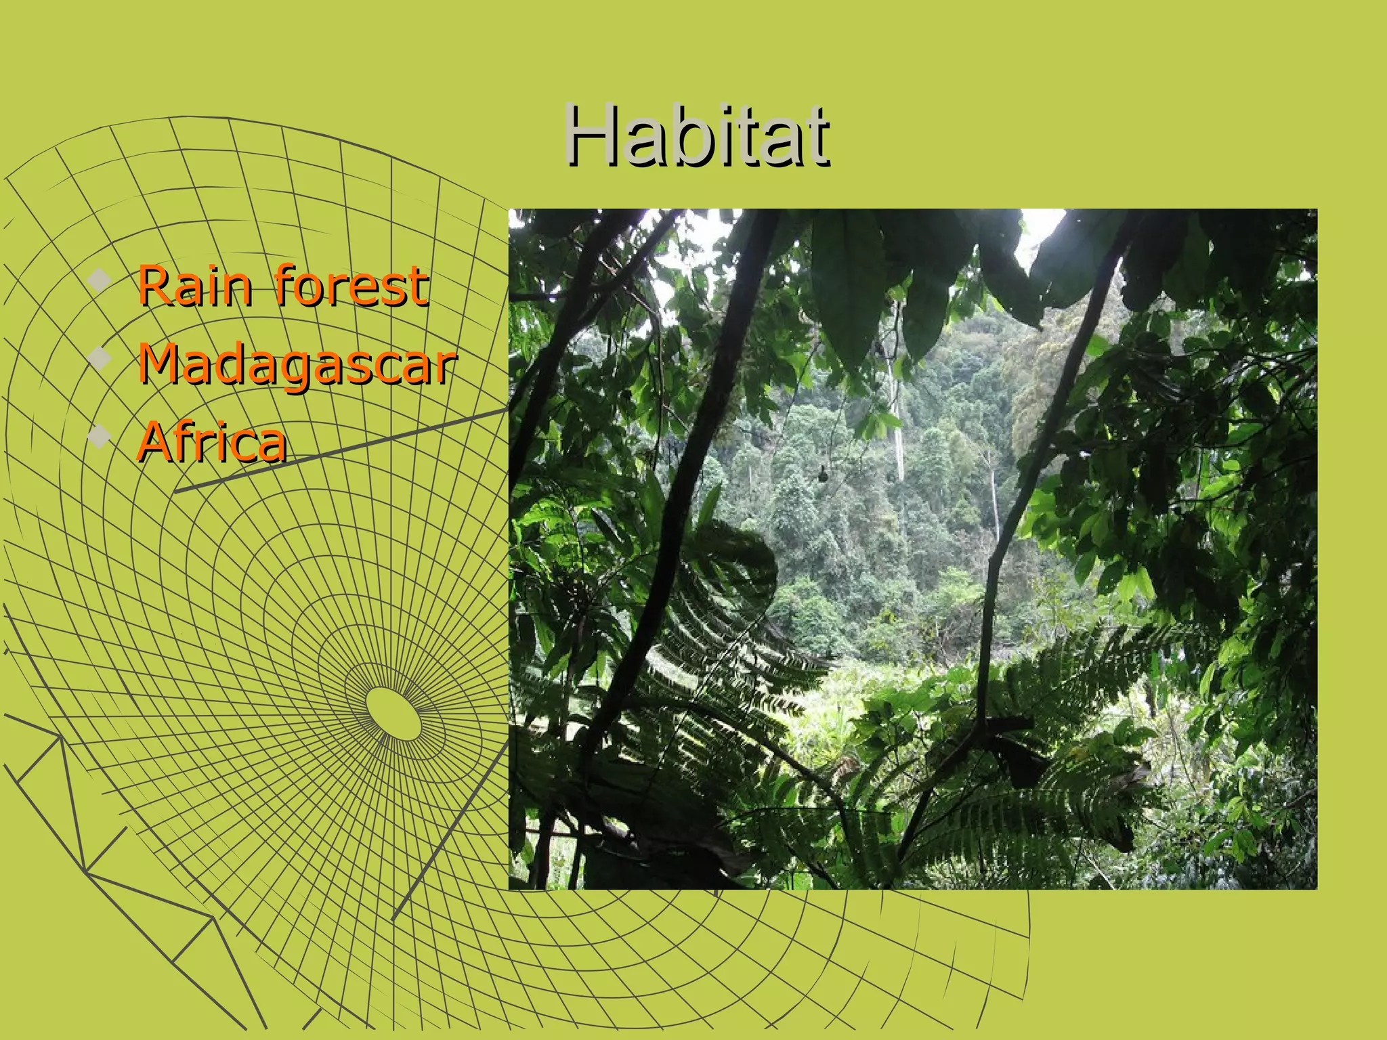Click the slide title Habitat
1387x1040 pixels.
pos(697,135)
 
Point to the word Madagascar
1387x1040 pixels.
pos(297,364)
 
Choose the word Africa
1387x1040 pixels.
pos(212,441)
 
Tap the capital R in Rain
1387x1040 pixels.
pos(155,285)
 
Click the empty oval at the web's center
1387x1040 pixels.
pos(393,713)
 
